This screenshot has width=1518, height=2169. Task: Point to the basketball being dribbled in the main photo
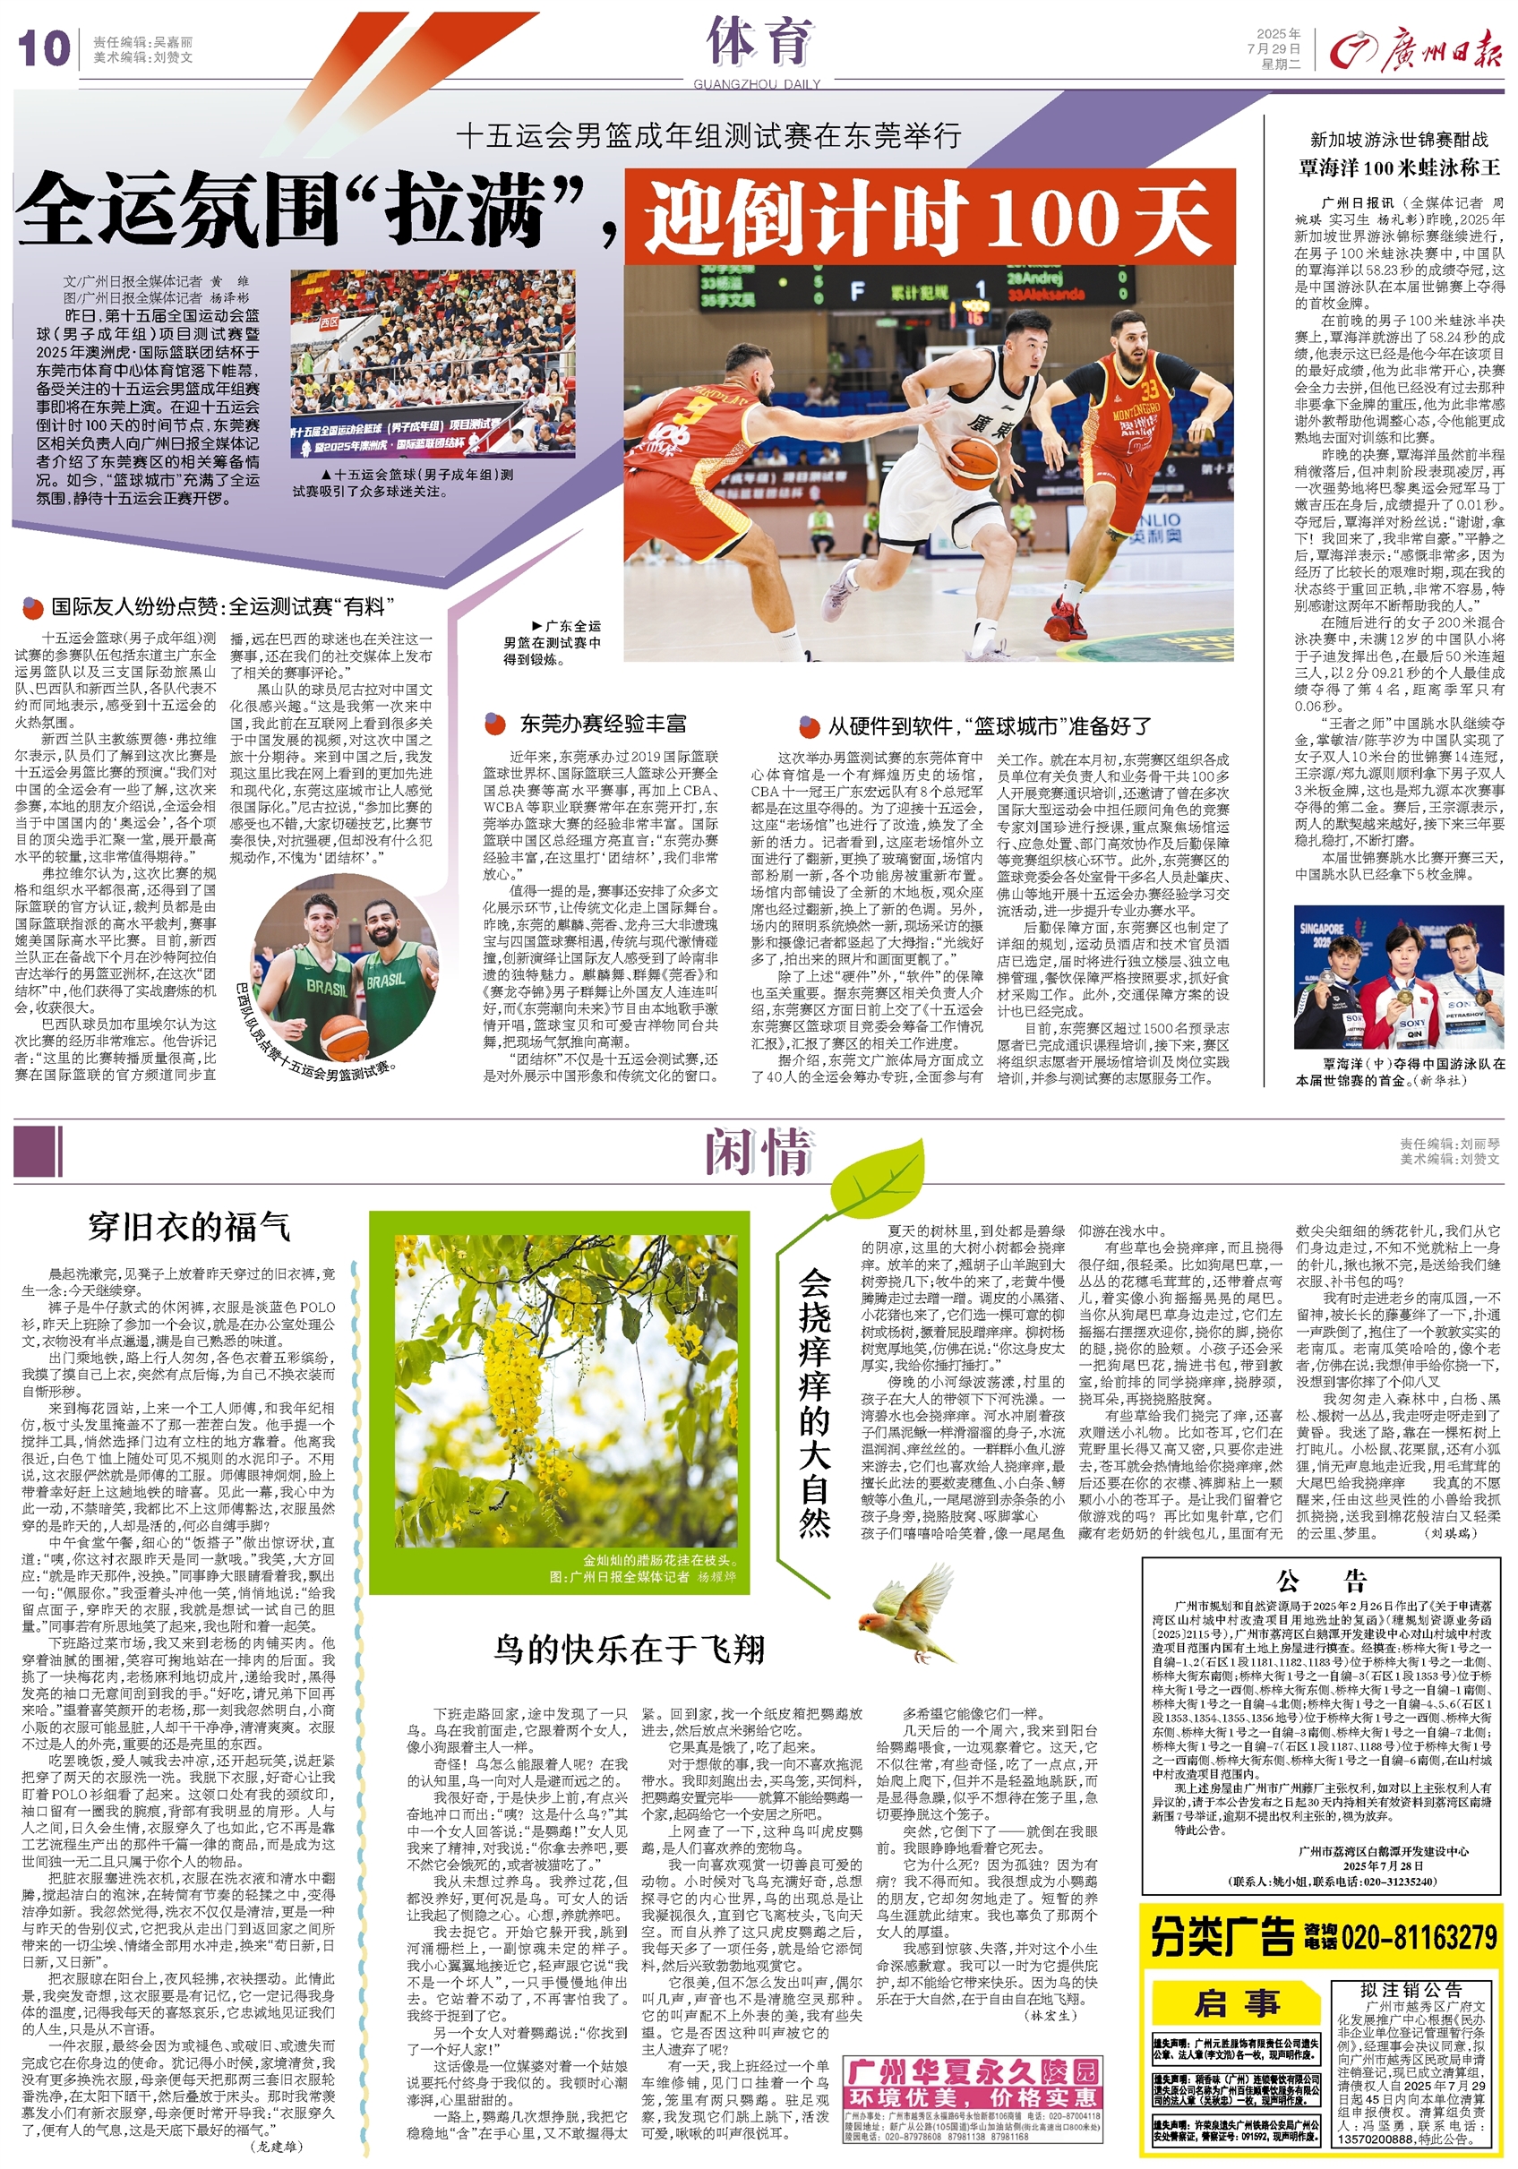(972, 462)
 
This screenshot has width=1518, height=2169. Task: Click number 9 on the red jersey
(701, 409)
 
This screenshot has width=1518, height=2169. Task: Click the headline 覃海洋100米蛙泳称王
(1399, 168)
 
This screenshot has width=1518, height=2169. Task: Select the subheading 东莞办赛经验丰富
(603, 724)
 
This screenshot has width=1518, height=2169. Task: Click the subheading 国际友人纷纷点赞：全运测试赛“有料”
(222, 606)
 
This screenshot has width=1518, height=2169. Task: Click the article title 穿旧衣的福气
(189, 1226)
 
